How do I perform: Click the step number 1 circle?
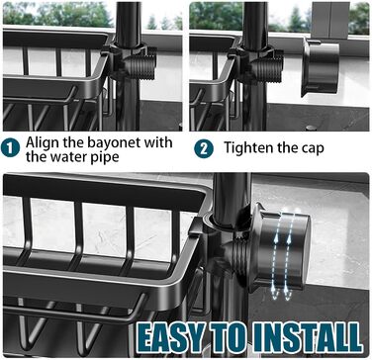(x=10, y=148)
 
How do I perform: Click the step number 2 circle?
(x=204, y=148)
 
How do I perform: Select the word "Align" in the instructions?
(x=43, y=143)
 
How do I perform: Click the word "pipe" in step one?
(x=104, y=157)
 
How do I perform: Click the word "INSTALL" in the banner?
(x=309, y=336)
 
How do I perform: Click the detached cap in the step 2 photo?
(x=321, y=67)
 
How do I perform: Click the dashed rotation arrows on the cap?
(x=282, y=253)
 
